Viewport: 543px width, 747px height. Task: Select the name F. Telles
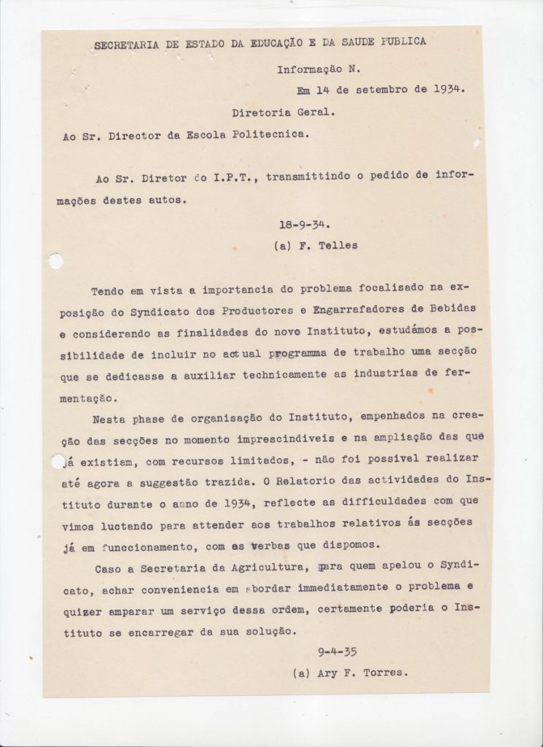(x=327, y=245)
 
